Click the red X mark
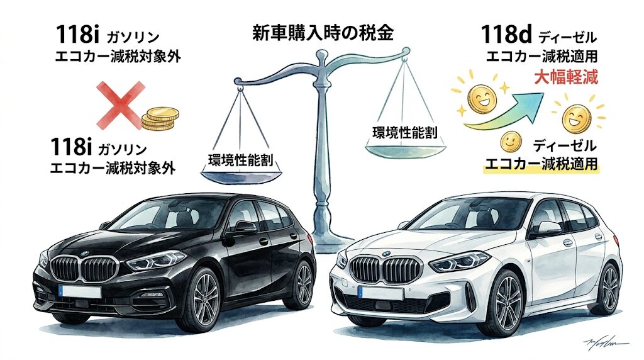point(121,105)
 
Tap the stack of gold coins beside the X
point(160,119)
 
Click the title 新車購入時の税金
point(323,33)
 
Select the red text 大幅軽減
point(566,77)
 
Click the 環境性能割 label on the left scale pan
point(241,160)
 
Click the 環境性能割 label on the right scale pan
point(405,132)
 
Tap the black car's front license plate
point(80,291)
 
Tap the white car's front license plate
point(380,293)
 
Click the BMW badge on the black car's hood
point(84,254)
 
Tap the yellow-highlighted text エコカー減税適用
point(541,164)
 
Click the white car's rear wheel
point(608,288)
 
